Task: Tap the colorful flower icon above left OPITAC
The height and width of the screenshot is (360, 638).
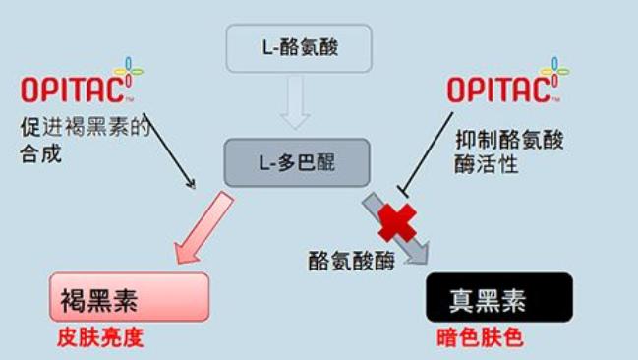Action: click(x=128, y=71)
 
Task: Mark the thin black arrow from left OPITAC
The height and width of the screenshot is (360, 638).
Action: click(x=162, y=148)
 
